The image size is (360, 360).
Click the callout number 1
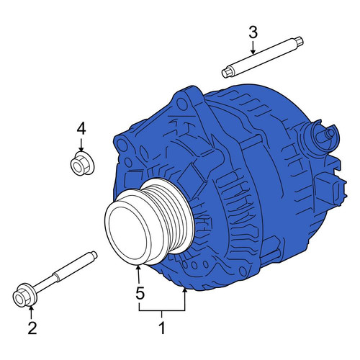pyautogui.click(x=163, y=328)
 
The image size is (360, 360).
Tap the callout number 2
pyautogui.click(x=32, y=328)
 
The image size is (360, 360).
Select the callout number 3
pyautogui.click(x=253, y=32)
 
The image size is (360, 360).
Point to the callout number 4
pyautogui.click(x=81, y=128)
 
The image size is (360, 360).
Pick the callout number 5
pyautogui.click(x=140, y=293)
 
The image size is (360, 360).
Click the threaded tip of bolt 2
pyautogui.click(x=94, y=255)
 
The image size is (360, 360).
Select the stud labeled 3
pyautogui.click(x=263, y=58)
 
